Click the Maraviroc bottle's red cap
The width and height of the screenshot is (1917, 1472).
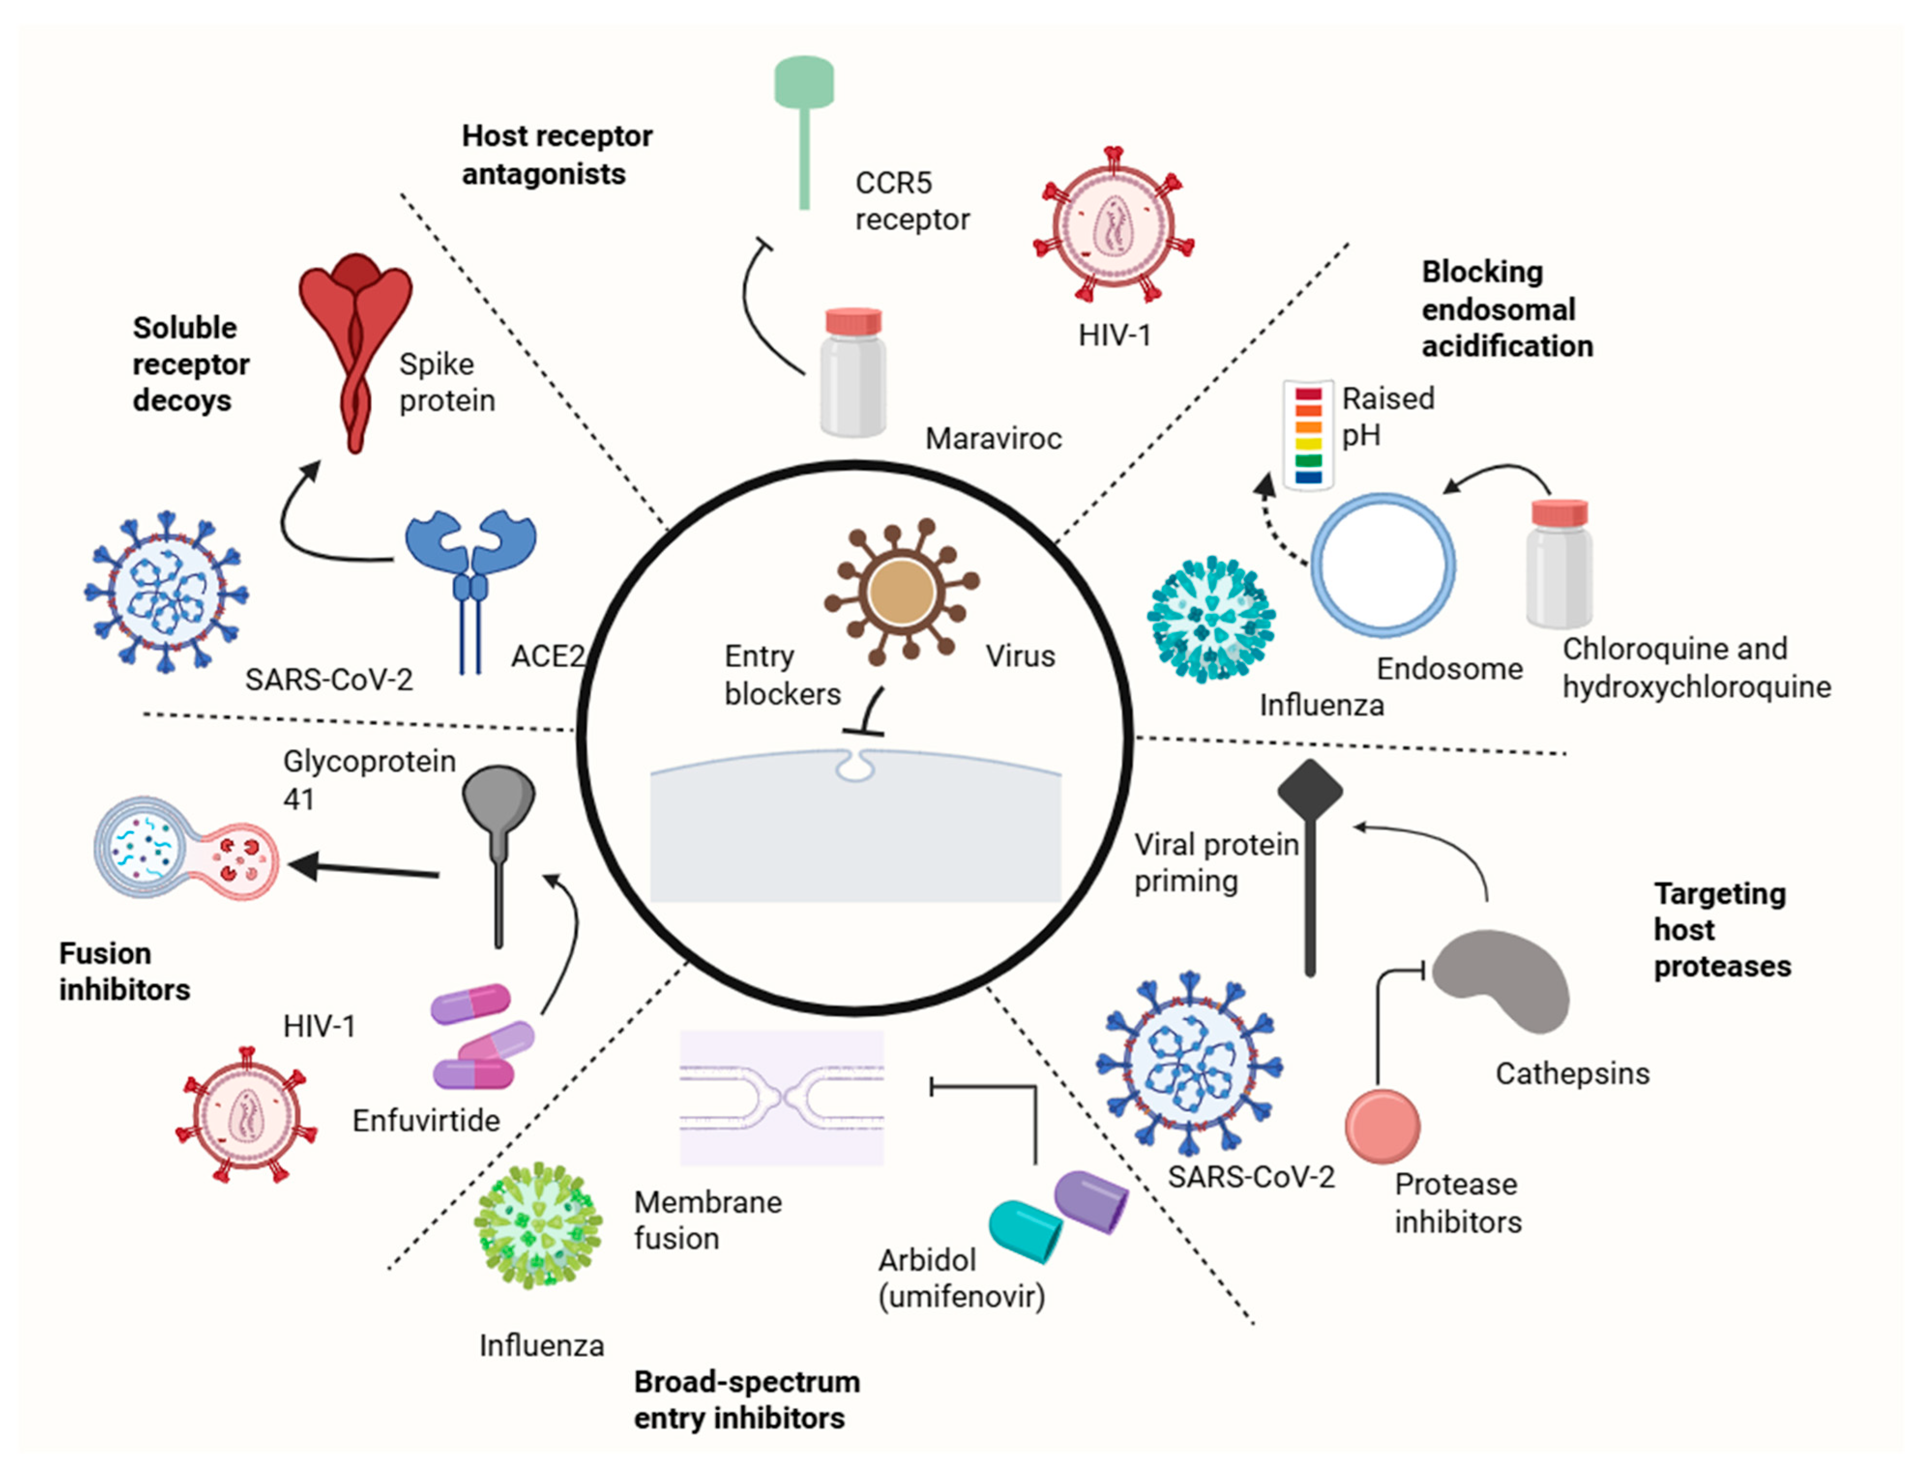tap(853, 321)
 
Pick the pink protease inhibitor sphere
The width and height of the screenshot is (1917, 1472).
tap(1382, 1126)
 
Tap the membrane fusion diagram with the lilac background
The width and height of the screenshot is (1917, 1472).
tap(781, 1097)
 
